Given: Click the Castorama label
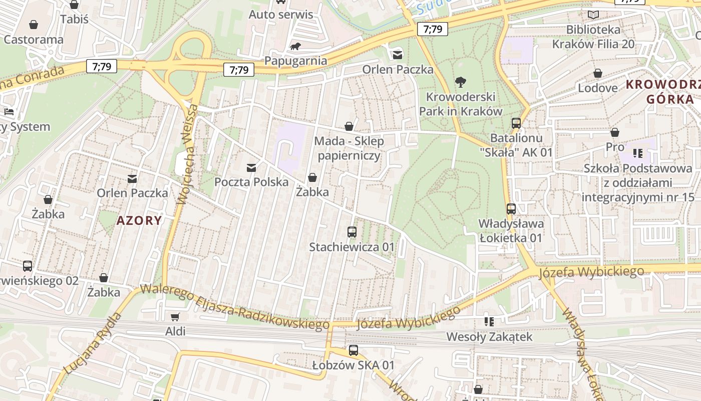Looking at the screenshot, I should [x=34, y=40].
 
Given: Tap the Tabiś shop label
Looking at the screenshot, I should [x=74, y=19].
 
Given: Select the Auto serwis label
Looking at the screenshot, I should [x=281, y=15].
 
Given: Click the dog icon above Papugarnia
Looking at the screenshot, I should [x=295, y=47].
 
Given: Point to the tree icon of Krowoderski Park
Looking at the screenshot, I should [x=460, y=82].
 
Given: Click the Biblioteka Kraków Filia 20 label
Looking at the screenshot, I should [x=593, y=37].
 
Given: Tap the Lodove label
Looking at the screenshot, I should [x=598, y=88].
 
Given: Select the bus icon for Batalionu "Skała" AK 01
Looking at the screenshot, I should [x=516, y=123].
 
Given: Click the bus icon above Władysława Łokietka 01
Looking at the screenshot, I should [x=511, y=209].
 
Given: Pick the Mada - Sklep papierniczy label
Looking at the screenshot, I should [x=349, y=148].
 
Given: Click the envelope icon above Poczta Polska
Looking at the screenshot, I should [x=251, y=167].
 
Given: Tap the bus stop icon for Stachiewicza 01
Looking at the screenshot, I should [x=352, y=232].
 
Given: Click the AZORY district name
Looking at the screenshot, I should [x=140, y=221].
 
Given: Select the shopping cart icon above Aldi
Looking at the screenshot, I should [x=175, y=317].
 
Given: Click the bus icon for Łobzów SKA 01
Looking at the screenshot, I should [x=354, y=350].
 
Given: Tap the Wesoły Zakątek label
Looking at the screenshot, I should [x=489, y=336].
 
